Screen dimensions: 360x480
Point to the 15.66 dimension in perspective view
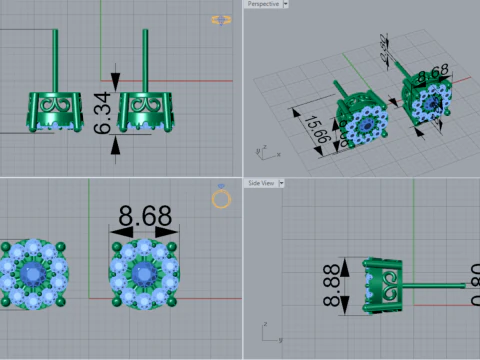pyautogui.click(x=317, y=129)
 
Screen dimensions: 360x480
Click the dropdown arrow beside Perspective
pyautogui.click(x=285, y=4)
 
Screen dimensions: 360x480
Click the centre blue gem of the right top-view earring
pyautogui.click(x=143, y=273)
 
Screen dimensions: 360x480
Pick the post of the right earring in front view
pyautogui.click(x=148, y=60)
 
